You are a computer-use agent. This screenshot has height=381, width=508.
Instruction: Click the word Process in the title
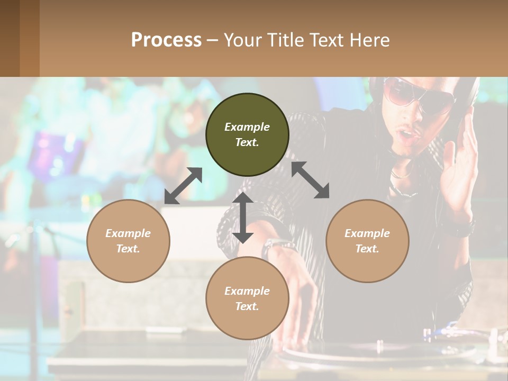click(x=166, y=40)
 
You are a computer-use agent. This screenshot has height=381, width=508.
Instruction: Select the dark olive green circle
click(x=247, y=134)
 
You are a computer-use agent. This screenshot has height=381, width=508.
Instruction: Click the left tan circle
click(x=128, y=241)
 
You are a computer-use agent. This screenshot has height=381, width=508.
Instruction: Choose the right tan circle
click(x=367, y=241)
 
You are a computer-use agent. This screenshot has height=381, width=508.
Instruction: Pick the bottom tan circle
click(x=247, y=298)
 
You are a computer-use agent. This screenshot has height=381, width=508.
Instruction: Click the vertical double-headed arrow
click(x=242, y=217)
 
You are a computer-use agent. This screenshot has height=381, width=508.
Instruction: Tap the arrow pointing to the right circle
click(x=310, y=180)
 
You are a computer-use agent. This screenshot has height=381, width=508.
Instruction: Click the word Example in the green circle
click(x=247, y=127)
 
